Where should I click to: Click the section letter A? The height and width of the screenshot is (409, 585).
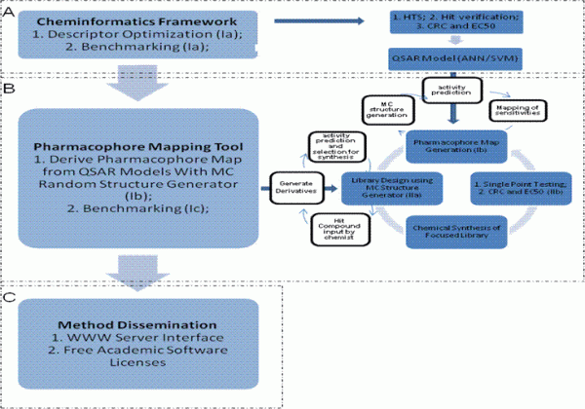[x=10, y=9]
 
